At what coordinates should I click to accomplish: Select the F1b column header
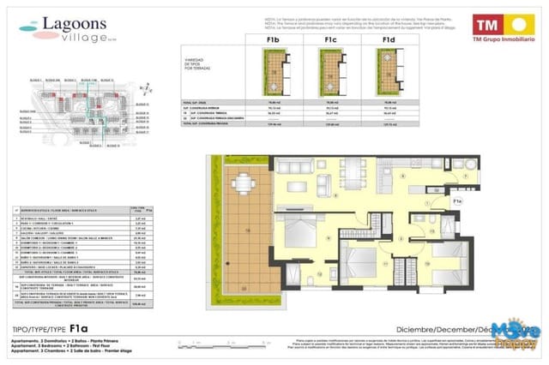coord(274,39)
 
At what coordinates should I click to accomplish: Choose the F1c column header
coord(330,39)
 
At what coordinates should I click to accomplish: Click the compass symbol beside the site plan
coord(148,89)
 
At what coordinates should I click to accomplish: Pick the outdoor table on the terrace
coord(244,183)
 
